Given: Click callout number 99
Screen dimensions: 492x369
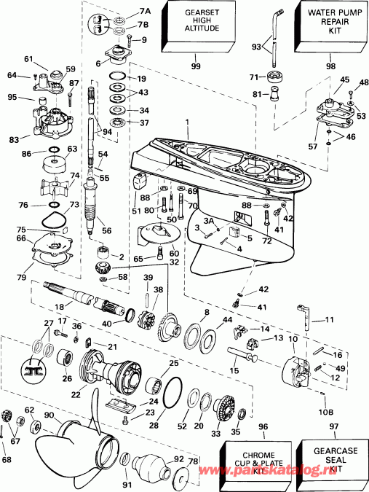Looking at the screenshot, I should tap(195, 66).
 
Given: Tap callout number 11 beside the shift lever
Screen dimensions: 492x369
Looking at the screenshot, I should tap(329, 320).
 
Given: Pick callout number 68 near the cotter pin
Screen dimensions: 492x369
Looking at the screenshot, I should tap(7, 459).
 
